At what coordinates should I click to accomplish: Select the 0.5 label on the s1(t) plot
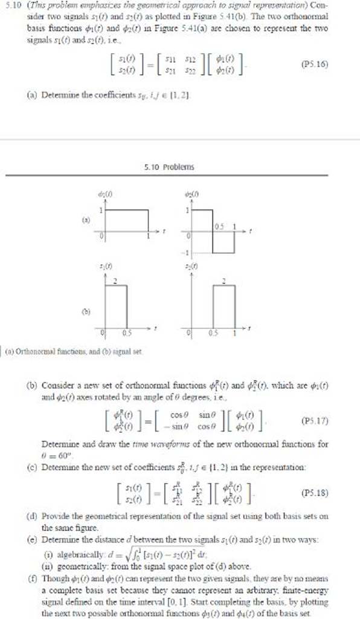(x=127, y=332)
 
